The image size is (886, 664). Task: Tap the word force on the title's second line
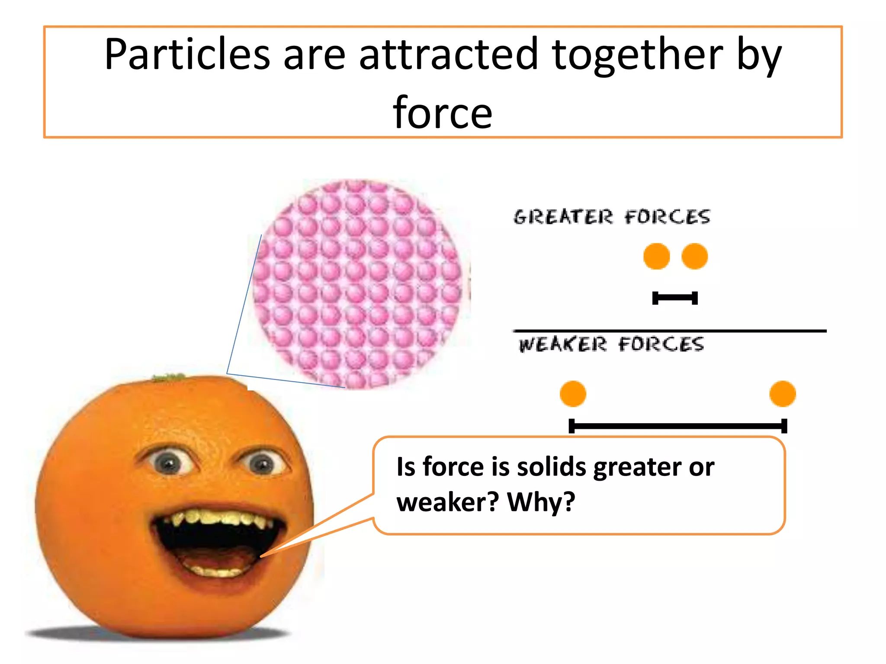pyautogui.click(x=442, y=113)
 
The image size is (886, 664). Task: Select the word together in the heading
pyautogui.click(x=637, y=54)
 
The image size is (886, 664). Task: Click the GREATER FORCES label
pyautogui.click(x=612, y=217)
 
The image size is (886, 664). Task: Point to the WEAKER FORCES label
pyautogui.click(x=611, y=345)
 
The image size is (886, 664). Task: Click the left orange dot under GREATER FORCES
pyautogui.click(x=656, y=256)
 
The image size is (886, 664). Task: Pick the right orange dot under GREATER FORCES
pyautogui.click(x=694, y=256)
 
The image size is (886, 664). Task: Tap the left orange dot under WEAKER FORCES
pyautogui.click(x=573, y=394)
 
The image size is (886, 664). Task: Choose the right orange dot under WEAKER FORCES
pyautogui.click(x=782, y=394)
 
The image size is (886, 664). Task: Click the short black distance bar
pyautogui.click(x=675, y=298)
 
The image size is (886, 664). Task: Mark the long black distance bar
pyautogui.click(x=677, y=426)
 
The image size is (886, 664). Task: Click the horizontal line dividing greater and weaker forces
pyautogui.click(x=669, y=331)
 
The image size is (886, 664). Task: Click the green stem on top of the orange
pyautogui.click(x=169, y=377)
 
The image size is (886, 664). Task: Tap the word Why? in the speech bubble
pyautogui.click(x=541, y=502)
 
